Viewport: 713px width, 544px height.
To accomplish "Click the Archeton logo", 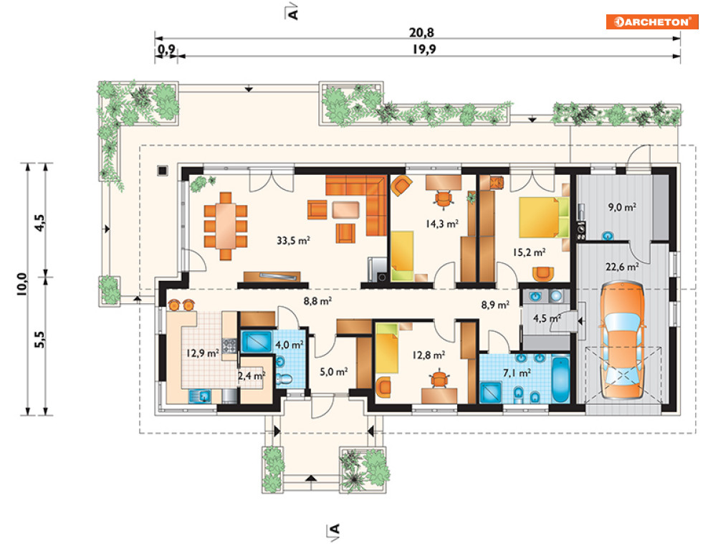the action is tap(651, 22).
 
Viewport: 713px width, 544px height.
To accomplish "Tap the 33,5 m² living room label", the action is tap(293, 240).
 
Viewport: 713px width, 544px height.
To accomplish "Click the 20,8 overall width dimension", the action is tap(421, 33).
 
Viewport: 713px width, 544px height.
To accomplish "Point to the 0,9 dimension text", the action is tap(166, 49).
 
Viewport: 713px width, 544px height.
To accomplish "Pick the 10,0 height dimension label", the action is tap(21, 285).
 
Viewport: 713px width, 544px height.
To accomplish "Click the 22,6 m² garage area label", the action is tap(621, 267).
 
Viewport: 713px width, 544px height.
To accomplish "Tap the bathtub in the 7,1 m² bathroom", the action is tap(560, 380).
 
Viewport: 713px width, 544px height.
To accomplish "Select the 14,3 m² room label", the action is tap(442, 224).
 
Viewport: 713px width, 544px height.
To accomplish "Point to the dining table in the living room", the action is tap(226, 226).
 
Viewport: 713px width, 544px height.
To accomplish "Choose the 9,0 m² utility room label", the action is tap(622, 207).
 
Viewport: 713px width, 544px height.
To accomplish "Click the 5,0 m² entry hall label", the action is tap(334, 371).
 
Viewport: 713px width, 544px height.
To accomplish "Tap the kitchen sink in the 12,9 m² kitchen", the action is tap(201, 396).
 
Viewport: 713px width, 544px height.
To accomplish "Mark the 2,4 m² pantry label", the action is tap(252, 376).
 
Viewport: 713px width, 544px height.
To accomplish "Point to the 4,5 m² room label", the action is tap(547, 318).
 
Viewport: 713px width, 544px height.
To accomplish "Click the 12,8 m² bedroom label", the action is tap(429, 355).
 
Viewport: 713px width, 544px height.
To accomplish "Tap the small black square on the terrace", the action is tap(163, 171).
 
